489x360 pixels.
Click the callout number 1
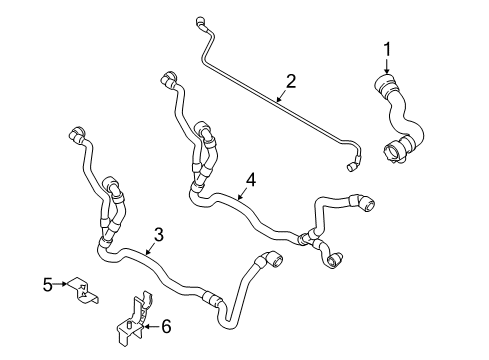(387, 49)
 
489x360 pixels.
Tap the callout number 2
(291, 81)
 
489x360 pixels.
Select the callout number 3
(159, 235)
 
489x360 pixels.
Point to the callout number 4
(251, 180)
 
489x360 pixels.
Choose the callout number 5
(48, 285)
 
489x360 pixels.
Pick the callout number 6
(166, 326)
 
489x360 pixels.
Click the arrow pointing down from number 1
(387, 66)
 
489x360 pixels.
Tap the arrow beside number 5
(60, 284)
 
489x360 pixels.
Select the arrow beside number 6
(151, 327)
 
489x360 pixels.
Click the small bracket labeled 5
(83, 290)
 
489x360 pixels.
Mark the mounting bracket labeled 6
(133, 318)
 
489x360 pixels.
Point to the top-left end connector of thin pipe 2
(201, 21)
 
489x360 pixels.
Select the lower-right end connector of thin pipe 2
(352, 167)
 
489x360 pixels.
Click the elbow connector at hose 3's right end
(273, 259)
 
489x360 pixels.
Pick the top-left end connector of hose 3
(77, 134)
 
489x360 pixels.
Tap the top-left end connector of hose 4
(168, 79)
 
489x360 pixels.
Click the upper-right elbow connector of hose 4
(364, 202)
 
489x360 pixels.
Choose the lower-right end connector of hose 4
(333, 259)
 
